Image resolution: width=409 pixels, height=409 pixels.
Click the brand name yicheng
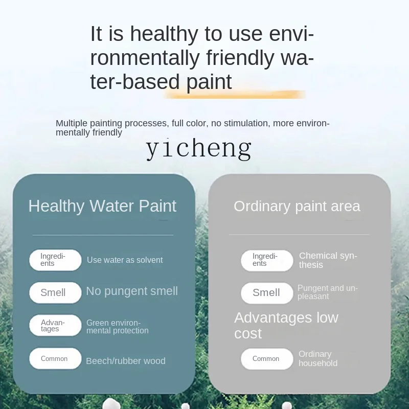[x=199, y=149]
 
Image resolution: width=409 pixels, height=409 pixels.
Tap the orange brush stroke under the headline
[x=235, y=95]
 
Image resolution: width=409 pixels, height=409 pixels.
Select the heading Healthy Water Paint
[x=102, y=206]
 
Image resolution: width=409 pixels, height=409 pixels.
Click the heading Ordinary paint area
[x=297, y=207]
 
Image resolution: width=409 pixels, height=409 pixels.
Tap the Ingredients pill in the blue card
[x=55, y=260]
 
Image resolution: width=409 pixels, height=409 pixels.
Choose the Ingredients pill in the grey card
[x=267, y=261]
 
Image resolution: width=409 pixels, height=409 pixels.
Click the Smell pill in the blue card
[x=55, y=292]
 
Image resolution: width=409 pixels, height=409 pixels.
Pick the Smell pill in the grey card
[x=267, y=293]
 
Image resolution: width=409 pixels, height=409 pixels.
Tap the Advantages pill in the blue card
[x=55, y=325]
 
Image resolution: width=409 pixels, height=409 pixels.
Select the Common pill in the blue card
[x=55, y=358]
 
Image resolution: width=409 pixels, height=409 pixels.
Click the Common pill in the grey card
[x=267, y=359]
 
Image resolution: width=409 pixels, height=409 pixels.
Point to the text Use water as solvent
[x=125, y=260]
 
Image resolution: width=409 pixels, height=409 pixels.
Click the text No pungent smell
[x=132, y=291]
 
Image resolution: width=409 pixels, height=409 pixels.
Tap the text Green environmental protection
[x=118, y=327]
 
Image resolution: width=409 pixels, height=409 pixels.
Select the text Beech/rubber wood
[x=126, y=361]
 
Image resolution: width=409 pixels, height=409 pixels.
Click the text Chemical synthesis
[x=328, y=260]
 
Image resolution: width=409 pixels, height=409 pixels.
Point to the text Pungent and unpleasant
[x=328, y=292]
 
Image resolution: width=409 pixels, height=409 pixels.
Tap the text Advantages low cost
[x=286, y=326]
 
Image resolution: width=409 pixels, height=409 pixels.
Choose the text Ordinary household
[x=318, y=359]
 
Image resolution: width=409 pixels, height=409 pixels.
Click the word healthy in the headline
[x=164, y=34]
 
